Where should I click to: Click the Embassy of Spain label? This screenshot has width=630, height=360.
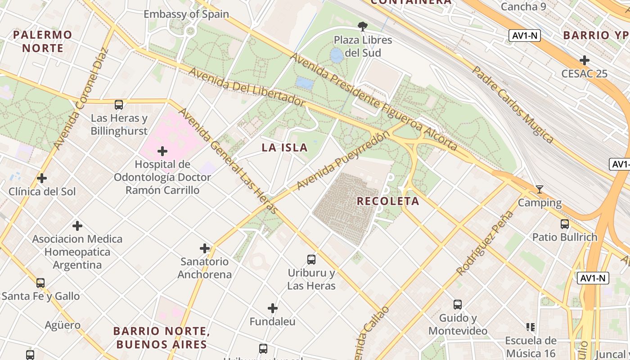click(186, 14)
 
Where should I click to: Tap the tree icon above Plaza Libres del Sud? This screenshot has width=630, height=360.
click(362, 26)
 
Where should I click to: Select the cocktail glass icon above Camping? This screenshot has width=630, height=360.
click(539, 189)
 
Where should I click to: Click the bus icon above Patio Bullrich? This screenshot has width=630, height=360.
click(564, 224)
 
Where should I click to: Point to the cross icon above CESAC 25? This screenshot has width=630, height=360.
click(584, 60)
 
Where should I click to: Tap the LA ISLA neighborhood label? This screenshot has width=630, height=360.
click(285, 148)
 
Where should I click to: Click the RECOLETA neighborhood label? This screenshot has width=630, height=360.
click(388, 201)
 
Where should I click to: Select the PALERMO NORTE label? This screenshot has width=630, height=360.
click(43, 41)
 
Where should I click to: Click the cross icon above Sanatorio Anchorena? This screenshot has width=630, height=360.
click(205, 248)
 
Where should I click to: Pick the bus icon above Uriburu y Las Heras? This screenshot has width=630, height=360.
click(311, 259)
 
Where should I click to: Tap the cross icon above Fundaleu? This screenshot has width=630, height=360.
click(272, 308)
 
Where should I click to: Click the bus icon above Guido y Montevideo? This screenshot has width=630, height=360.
click(458, 305)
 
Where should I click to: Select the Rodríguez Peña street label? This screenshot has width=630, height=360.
click(485, 243)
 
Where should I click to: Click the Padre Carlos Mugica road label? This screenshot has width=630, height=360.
click(513, 104)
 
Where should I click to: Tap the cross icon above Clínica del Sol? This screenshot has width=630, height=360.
click(42, 178)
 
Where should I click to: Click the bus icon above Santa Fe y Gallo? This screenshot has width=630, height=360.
click(40, 283)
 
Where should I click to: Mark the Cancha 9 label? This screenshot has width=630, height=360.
click(520, 7)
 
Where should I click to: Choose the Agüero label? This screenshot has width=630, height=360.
click(63, 325)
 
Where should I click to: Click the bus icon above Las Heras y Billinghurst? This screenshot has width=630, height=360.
click(119, 105)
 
